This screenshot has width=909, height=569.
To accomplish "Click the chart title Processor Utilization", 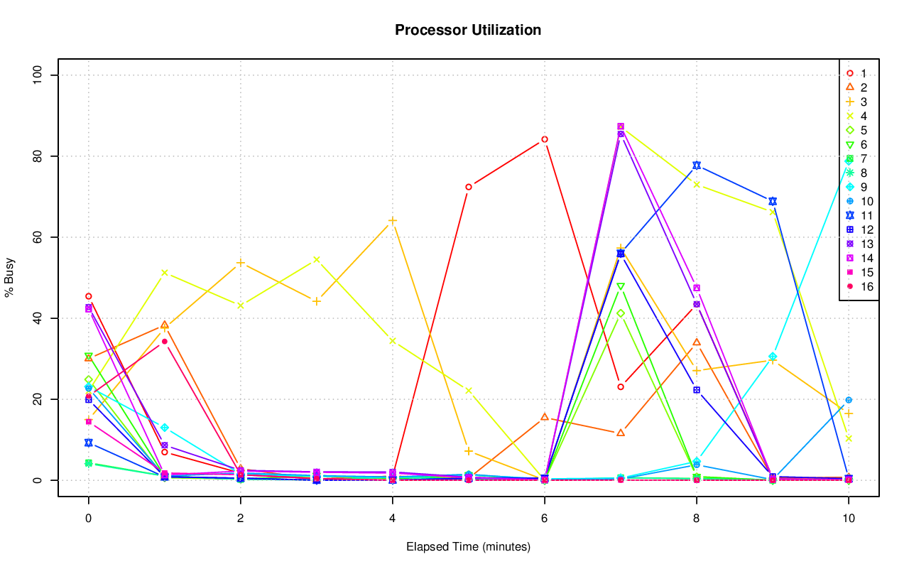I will pyautogui.click(x=468, y=30).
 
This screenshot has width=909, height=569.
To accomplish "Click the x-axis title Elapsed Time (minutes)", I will pyautogui.click(x=468, y=547).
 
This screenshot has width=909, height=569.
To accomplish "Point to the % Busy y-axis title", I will pyautogui.click(x=10, y=277).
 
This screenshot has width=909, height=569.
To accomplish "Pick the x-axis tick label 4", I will pyautogui.click(x=392, y=519).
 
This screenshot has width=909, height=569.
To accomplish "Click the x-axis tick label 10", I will pyautogui.click(x=848, y=519).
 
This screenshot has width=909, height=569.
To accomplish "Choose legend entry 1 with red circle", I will pyautogui.click(x=856, y=73).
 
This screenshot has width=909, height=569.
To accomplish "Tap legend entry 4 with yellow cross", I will pyautogui.click(x=856, y=116).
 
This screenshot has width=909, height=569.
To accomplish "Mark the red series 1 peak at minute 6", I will pyautogui.click(x=545, y=139).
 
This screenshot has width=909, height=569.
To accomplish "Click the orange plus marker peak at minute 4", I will pyautogui.click(x=393, y=220).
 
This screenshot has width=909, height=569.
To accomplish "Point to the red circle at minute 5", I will pyautogui.click(x=469, y=187).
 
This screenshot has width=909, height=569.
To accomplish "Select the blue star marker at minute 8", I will pyautogui.click(x=697, y=165).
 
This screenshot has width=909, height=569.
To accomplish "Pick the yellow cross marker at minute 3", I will pyautogui.click(x=317, y=259).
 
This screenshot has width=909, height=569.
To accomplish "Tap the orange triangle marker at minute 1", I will pyautogui.click(x=165, y=325).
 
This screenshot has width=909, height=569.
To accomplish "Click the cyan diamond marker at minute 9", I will pyautogui.click(x=773, y=357).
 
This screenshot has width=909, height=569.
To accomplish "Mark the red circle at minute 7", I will pyautogui.click(x=621, y=387).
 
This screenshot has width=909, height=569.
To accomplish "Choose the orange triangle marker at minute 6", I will pyautogui.click(x=545, y=417).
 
